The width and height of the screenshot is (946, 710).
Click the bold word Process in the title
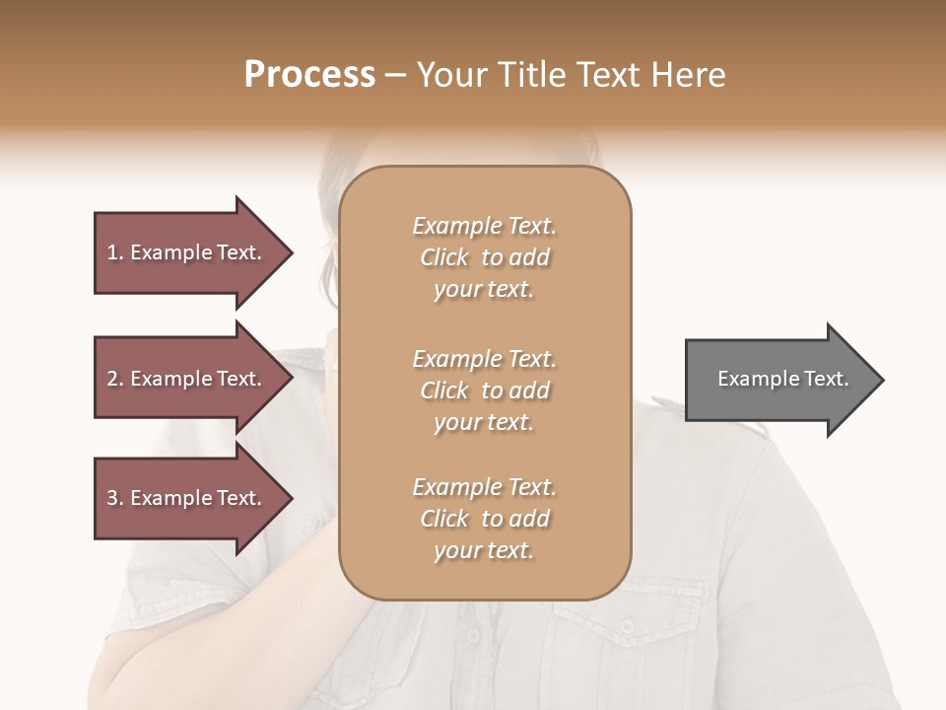tap(308, 75)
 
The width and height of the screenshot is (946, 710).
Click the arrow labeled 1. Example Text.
tap(187, 252)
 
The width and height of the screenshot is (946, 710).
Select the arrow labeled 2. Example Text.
tap(187, 379)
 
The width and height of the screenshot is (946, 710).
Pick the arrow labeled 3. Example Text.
tap(187, 498)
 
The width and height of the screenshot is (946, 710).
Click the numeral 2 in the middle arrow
tap(111, 379)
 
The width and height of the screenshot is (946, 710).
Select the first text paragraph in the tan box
tap(484, 257)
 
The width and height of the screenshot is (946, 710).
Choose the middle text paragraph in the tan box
tap(484, 390)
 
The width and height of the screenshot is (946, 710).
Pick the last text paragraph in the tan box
tap(484, 519)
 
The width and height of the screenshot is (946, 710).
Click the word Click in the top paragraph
tap(444, 257)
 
